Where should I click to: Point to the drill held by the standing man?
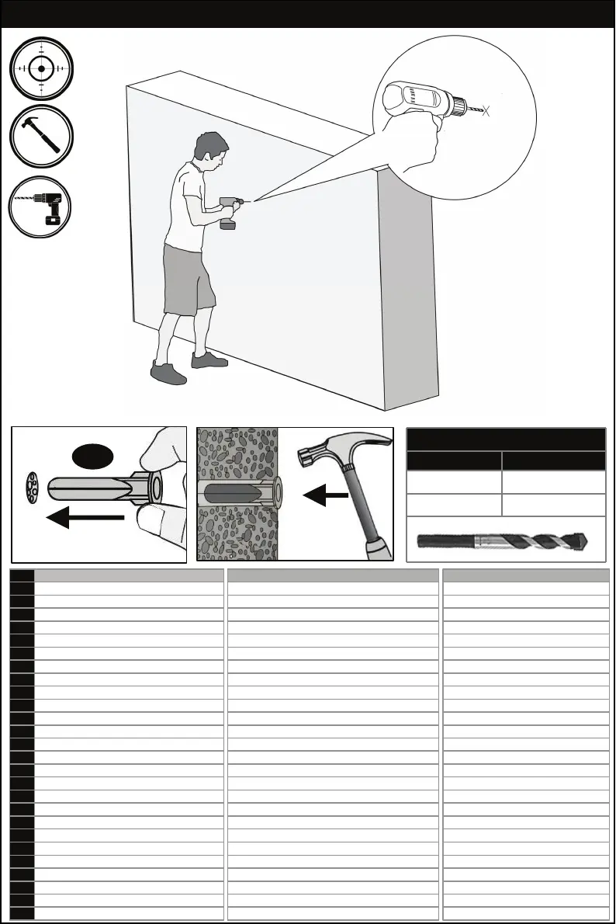230,211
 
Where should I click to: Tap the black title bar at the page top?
308,14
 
